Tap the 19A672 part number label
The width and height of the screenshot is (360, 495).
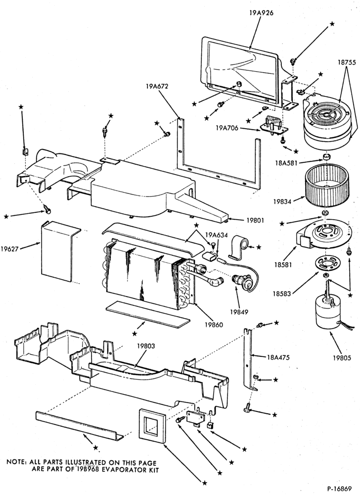pos(157,86)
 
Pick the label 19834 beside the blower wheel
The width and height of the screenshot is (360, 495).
pos(282,200)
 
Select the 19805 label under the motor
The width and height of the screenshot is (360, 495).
pos(342,358)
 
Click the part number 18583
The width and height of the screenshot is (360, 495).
pos(282,294)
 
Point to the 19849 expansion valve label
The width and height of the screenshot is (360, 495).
pos(239,311)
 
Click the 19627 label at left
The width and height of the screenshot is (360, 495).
pos(9,248)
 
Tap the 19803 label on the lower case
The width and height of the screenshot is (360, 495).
pos(146,346)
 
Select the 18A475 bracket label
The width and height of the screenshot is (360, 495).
pos(278,357)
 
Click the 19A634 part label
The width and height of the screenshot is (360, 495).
pos(214,235)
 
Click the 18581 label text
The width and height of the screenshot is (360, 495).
pos(282,264)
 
